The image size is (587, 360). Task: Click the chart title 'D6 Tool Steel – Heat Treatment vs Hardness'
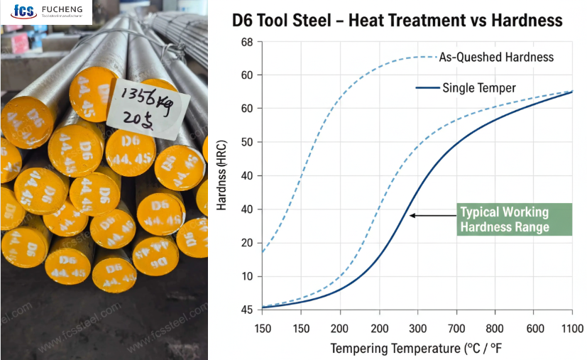click(x=397, y=21)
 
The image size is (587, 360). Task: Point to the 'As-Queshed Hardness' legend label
click(x=496, y=57)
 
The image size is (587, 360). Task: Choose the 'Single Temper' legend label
click(x=478, y=88)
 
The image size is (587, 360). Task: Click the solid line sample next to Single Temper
click(x=425, y=88)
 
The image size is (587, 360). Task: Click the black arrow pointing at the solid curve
click(x=432, y=215)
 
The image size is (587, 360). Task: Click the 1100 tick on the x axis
click(x=571, y=329)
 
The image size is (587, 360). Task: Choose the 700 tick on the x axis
click(x=456, y=329)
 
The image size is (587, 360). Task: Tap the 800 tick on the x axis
click(x=495, y=329)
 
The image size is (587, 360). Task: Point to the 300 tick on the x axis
click(x=417, y=329)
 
